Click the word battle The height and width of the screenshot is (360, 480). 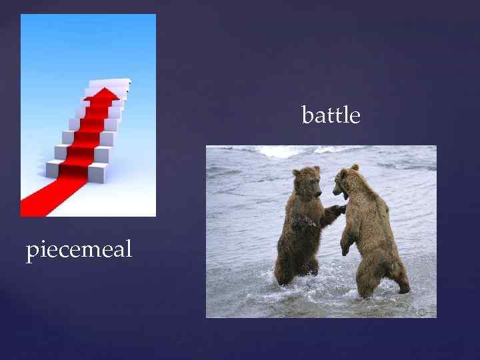(331, 115)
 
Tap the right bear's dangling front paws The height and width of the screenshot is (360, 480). (345, 248)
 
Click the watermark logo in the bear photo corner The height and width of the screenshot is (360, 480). (422, 311)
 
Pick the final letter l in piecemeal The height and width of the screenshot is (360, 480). (129, 249)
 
